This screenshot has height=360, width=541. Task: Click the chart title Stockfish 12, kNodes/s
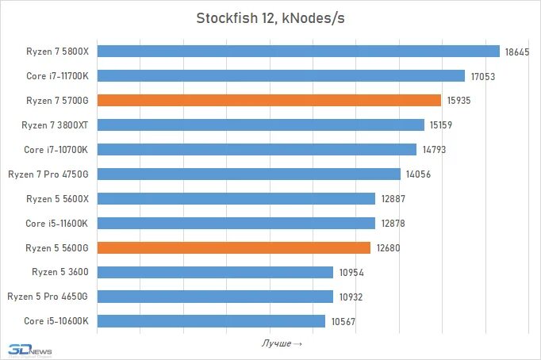click(270, 18)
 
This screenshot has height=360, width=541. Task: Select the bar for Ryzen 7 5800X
click(297, 52)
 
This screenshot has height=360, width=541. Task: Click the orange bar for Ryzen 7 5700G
click(268, 101)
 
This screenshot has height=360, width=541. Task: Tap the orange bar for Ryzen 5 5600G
click(233, 247)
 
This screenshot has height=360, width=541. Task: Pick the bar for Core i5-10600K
click(210, 321)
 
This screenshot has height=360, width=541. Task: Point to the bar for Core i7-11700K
click(280, 76)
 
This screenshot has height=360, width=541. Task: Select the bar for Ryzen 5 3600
click(214, 272)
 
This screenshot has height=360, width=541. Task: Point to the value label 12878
click(392, 224)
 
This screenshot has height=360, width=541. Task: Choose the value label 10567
click(342, 321)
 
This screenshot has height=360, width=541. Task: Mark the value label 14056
click(417, 174)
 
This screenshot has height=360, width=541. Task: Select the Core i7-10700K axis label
click(56, 150)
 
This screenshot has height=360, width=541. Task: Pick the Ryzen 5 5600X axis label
click(57, 199)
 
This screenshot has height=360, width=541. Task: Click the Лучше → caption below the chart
click(282, 343)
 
